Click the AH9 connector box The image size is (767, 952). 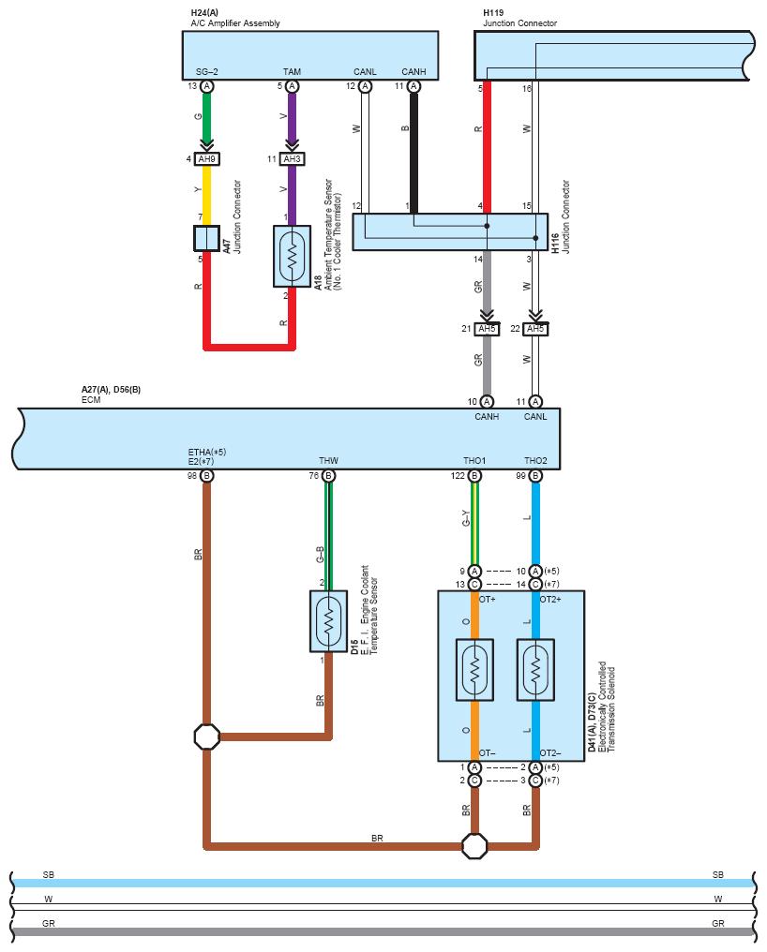point(206,159)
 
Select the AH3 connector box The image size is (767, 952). point(292,159)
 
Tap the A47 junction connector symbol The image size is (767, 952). point(206,238)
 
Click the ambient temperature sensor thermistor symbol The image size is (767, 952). point(292,256)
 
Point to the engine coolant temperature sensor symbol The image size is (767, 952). point(328,621)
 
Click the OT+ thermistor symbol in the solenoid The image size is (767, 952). point(474,670)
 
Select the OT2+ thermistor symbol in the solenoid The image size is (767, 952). point(535,670)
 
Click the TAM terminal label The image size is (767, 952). point(292,71)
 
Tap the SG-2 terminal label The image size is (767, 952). point(206,71)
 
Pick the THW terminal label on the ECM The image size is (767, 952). point(328,461)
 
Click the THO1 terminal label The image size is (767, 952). point(474,461)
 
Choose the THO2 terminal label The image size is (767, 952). point(535,461)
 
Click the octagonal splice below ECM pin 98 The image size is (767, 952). point(206,736)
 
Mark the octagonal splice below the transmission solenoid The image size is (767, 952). point(474,846)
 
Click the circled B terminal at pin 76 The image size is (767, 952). point(328,475)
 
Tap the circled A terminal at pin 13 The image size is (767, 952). point(206,86)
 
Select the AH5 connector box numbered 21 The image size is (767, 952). point(487,329)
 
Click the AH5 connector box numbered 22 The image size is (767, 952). point(534,329)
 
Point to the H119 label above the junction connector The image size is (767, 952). point(493,13)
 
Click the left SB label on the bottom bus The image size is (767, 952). point(49,875)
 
